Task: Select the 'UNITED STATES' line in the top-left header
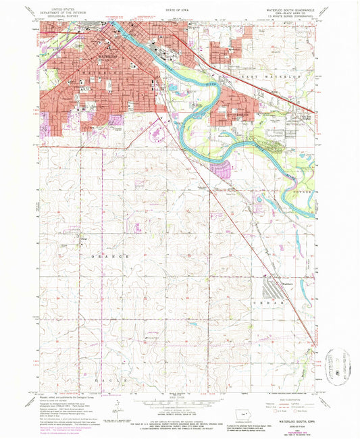[56, 5]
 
